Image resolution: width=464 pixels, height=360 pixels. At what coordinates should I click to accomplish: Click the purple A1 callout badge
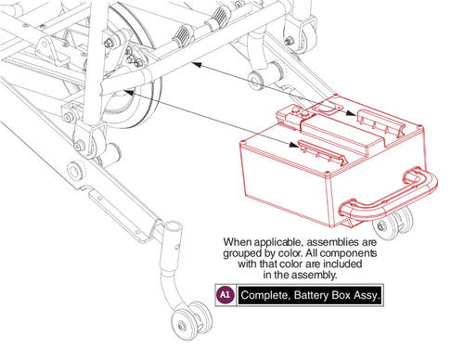[224, 295]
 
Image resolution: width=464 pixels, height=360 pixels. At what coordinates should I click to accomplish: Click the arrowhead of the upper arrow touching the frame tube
[195, 66]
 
